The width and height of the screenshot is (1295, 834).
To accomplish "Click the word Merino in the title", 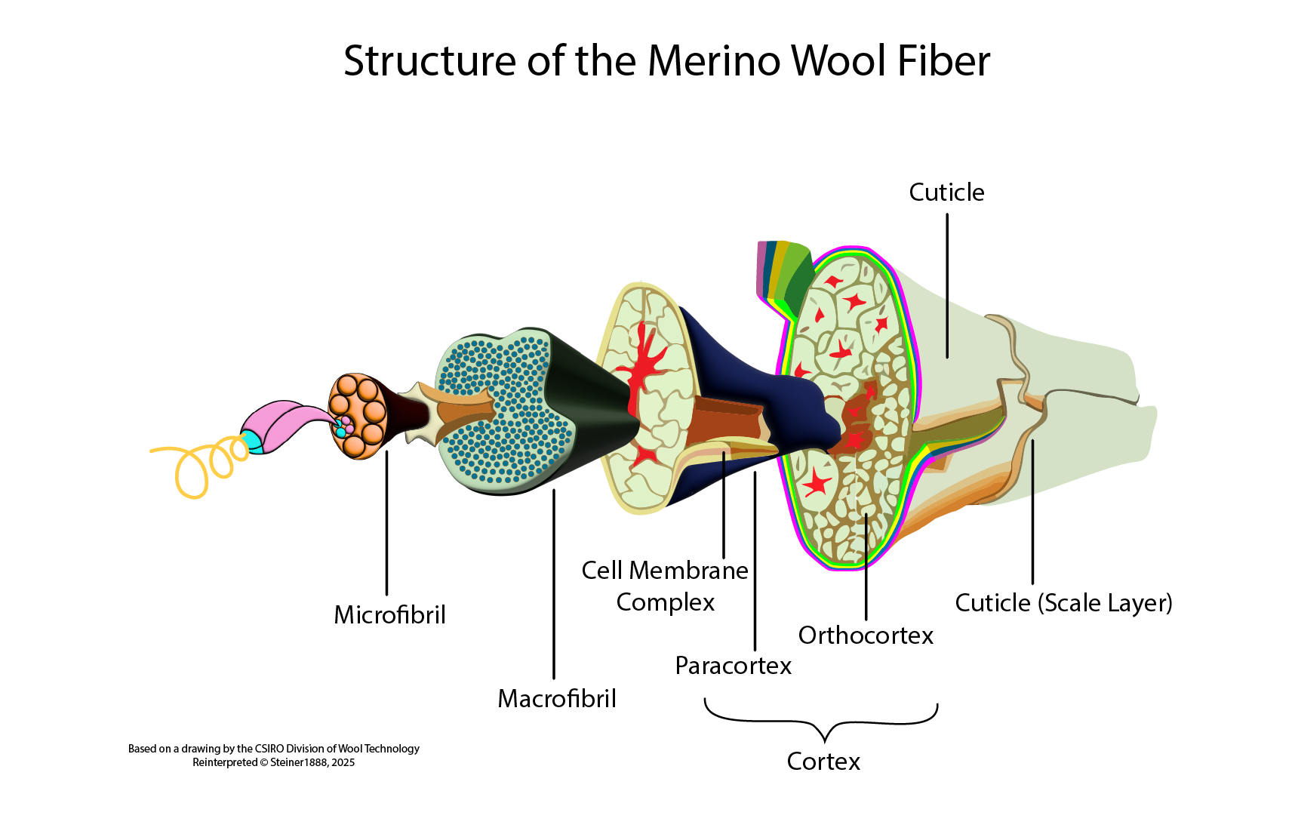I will click(x=713, y=60).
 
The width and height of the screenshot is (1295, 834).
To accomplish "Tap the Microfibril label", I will click(x=389, y=614).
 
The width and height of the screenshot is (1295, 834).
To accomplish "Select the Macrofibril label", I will click(x=557, y=698).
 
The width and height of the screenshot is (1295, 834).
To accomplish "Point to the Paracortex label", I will click(x=733, y=665).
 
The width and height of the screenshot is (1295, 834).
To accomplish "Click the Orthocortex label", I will click(x=866, y=635).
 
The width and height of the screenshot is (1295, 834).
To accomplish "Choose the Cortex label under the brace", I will click(x=823, y=761).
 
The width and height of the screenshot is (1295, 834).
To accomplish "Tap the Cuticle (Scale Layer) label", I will click(x=1063, y=602).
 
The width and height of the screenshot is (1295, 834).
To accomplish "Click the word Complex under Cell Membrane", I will click(x=665, y=602).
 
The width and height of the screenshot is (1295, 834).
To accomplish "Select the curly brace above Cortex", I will click(x=822, y=721).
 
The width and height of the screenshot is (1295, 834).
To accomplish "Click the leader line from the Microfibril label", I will click(x=386, y=528).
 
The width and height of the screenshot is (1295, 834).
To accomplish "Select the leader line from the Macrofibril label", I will click(x=554, y=589).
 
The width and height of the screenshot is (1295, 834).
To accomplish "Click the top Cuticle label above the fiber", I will click(x=946, y=192).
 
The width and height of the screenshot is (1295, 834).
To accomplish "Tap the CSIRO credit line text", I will click(x=273, y=748).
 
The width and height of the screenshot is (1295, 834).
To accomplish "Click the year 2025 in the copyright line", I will click(x=343, y=762).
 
